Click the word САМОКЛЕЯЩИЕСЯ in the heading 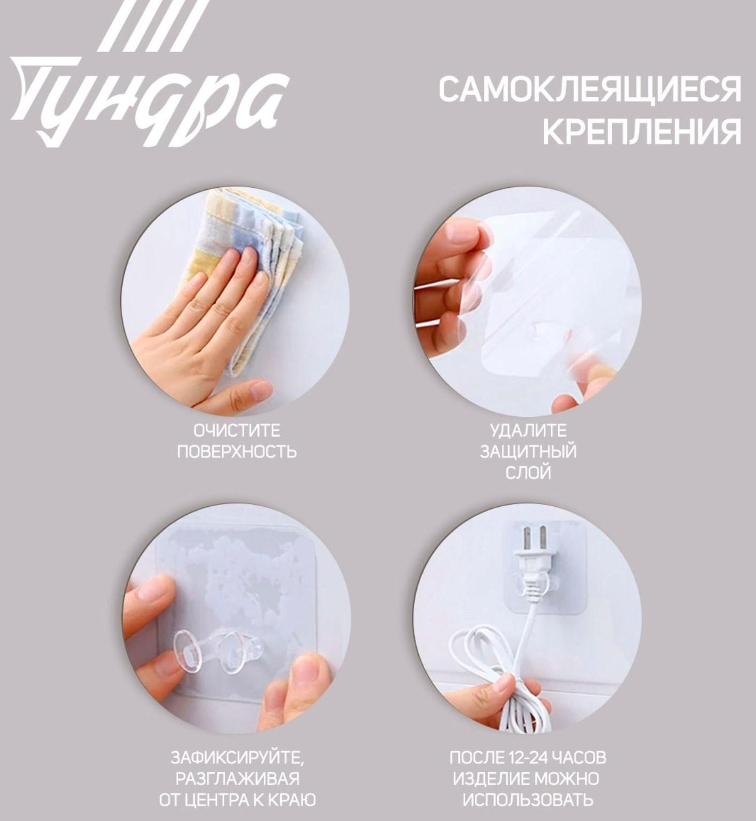589,89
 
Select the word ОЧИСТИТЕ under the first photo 236,430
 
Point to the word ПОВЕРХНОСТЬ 236,451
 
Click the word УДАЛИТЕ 528,430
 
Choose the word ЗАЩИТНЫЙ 528,451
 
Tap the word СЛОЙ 528,472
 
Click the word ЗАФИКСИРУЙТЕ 237,757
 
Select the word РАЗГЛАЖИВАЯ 237,778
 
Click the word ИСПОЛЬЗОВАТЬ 527,800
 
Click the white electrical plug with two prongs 534,558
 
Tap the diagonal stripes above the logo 152,24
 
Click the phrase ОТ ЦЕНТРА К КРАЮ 237,800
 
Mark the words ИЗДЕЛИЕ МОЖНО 526,778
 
